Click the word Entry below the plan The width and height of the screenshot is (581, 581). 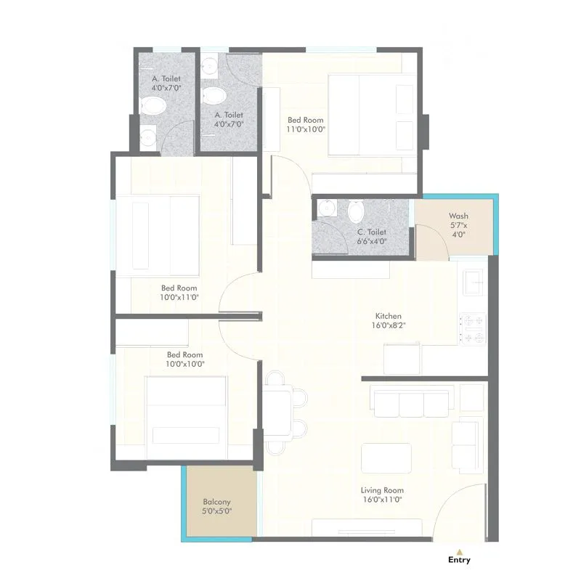click(459, 560)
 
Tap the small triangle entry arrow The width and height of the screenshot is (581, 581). click(459, 550)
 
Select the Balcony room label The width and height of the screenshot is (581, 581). click(216, 502)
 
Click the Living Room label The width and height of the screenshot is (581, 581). click(383, 490)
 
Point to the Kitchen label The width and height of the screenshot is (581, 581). click(388, 317)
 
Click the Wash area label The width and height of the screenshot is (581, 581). click(458, 216)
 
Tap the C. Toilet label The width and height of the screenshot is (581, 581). click(371, 233)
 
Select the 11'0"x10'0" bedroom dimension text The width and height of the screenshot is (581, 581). click(306, 130)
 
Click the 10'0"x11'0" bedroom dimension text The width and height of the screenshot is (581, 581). click(179, 297)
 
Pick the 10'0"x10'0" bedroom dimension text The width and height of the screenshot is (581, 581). click(185, 364)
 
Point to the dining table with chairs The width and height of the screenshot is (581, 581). click(279, 411)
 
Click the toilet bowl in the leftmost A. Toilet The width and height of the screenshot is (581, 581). click(153, 107)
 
